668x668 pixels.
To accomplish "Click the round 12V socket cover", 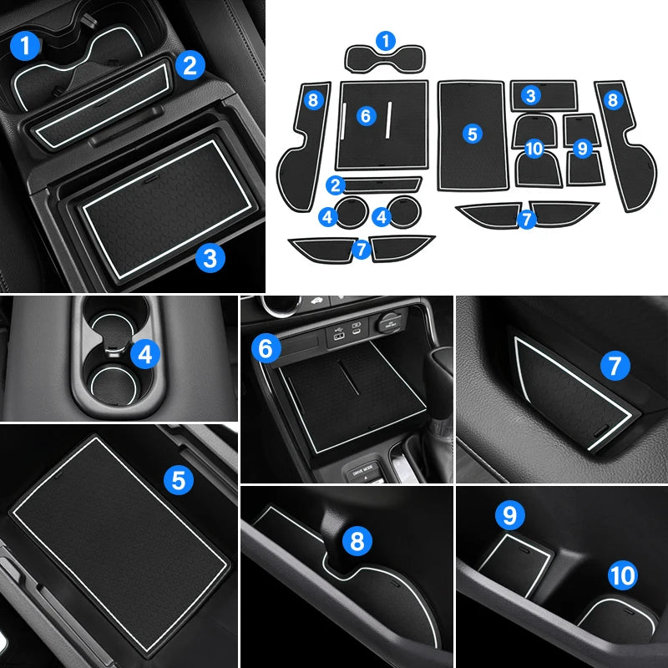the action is pos(388,321).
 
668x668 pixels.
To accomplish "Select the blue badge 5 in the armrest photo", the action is pos(179,480).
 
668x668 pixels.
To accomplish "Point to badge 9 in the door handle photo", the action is pos(510,516).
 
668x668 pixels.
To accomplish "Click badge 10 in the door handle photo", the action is pos(622,575).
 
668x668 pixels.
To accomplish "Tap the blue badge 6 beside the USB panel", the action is pos(266,348).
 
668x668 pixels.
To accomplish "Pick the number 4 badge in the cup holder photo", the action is pos(145,354).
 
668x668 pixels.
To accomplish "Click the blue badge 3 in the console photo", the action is pos(210,258).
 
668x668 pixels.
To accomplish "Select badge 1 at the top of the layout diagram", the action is pos(386,41).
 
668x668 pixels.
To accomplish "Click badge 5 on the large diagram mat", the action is pos(473,134).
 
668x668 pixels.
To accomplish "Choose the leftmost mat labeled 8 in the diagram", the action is pos(303,147).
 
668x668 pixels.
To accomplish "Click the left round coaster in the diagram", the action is pos(351,212).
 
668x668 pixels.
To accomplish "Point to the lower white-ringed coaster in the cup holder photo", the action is pos(114,386).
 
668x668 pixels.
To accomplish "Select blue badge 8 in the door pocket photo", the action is pos(357,541).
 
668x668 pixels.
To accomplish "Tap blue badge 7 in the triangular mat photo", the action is pos(615,366).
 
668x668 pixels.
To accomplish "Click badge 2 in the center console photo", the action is pos(190,65).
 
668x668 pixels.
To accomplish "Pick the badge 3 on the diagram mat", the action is pos(531,95).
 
